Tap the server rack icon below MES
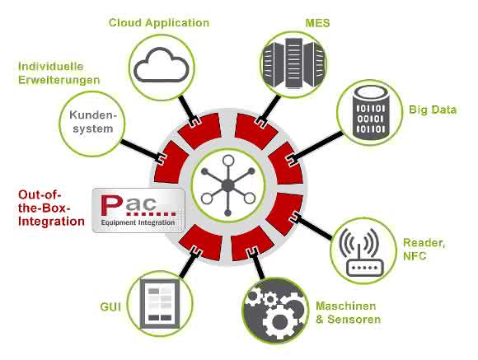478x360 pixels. (x=294, y=63)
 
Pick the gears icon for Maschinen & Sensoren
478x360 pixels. (x=275, y=311)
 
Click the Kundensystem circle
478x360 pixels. (x=92, y=124)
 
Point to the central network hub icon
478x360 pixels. (x=228, y=185)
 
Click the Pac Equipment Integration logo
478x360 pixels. (x=138, y=210)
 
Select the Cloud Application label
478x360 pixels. (x=159, y=23)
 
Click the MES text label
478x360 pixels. (x=317, y=23)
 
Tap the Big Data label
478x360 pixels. (x=433, y=110)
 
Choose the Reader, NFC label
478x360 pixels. (x=424, y=249)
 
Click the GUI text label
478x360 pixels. (x=110, y=306)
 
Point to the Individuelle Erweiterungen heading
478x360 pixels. (x=59, y=73)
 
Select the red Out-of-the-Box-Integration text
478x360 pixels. (x=51, y=208)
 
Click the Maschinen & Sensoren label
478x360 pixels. (x=348, y=313)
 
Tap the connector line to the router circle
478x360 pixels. (x=315, y=227)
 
